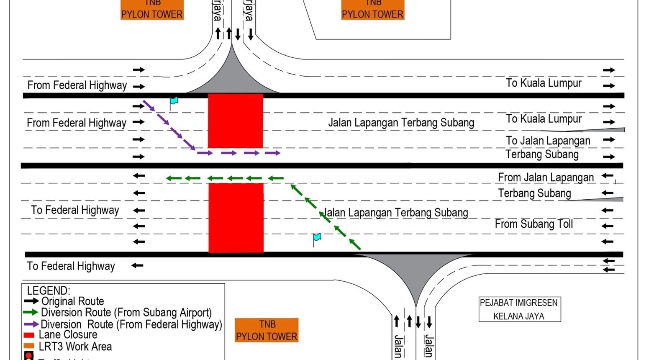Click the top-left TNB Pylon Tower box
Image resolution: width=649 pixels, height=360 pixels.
[152, 10]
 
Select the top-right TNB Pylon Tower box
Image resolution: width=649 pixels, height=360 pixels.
[373, 10]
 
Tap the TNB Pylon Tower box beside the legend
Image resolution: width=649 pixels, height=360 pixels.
[267, 330]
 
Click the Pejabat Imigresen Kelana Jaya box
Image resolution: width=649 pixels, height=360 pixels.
[519, 309]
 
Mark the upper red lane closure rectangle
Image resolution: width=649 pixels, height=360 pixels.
[236, 121]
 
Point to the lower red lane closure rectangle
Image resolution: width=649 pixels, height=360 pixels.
[236, 218]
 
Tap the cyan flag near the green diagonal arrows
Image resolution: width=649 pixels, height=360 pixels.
[317, 238]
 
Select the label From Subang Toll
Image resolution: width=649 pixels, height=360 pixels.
[534, 224]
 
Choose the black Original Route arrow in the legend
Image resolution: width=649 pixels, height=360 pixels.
[31, 301]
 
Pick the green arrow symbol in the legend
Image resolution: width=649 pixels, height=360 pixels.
[31, 312]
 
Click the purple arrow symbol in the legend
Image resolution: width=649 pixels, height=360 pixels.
[31, 324]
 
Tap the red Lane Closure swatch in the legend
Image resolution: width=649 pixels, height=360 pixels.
[29, 335]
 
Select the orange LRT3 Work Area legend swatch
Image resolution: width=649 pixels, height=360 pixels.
[29, 346]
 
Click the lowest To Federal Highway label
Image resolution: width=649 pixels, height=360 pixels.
[71, 266]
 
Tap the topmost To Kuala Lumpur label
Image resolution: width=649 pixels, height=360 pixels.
[544, 83]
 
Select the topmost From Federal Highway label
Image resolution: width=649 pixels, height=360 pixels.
[77, 85]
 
